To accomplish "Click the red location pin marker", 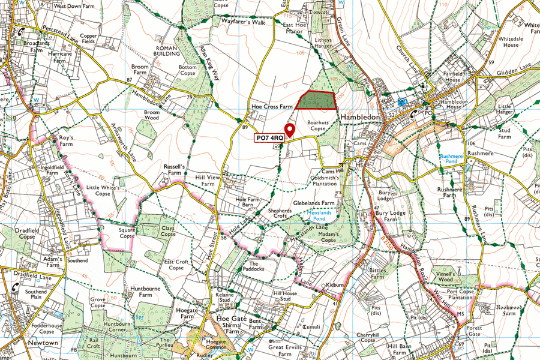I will (x=289, y=130).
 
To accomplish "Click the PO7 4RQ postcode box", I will (x=269, y=138).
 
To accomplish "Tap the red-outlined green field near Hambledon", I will (x=316, y=100).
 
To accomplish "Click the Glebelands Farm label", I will (x=313, y=203).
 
